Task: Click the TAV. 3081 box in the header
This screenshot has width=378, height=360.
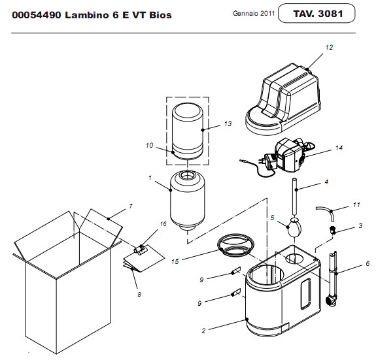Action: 317,13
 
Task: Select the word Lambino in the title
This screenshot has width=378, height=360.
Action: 87,15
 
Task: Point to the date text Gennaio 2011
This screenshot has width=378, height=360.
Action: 254,13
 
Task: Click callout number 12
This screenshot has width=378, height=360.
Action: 329,48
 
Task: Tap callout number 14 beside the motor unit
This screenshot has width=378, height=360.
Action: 339,148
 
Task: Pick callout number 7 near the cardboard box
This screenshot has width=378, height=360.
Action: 131,206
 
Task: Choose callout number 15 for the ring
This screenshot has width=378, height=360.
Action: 175,261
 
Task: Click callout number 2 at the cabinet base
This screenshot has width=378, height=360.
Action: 203,331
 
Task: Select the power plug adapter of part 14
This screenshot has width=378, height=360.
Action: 270,162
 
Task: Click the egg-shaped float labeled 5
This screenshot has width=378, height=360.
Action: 294,227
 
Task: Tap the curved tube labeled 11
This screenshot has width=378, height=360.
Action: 326,212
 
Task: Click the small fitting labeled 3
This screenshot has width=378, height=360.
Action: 333,230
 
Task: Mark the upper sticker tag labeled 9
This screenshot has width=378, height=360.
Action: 236,270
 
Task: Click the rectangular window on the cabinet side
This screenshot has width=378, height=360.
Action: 305,294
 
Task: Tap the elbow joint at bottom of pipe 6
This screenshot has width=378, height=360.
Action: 331,300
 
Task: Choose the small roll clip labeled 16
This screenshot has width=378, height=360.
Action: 139,250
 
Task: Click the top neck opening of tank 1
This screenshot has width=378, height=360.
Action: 187,175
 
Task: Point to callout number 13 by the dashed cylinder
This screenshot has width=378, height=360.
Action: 228,123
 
